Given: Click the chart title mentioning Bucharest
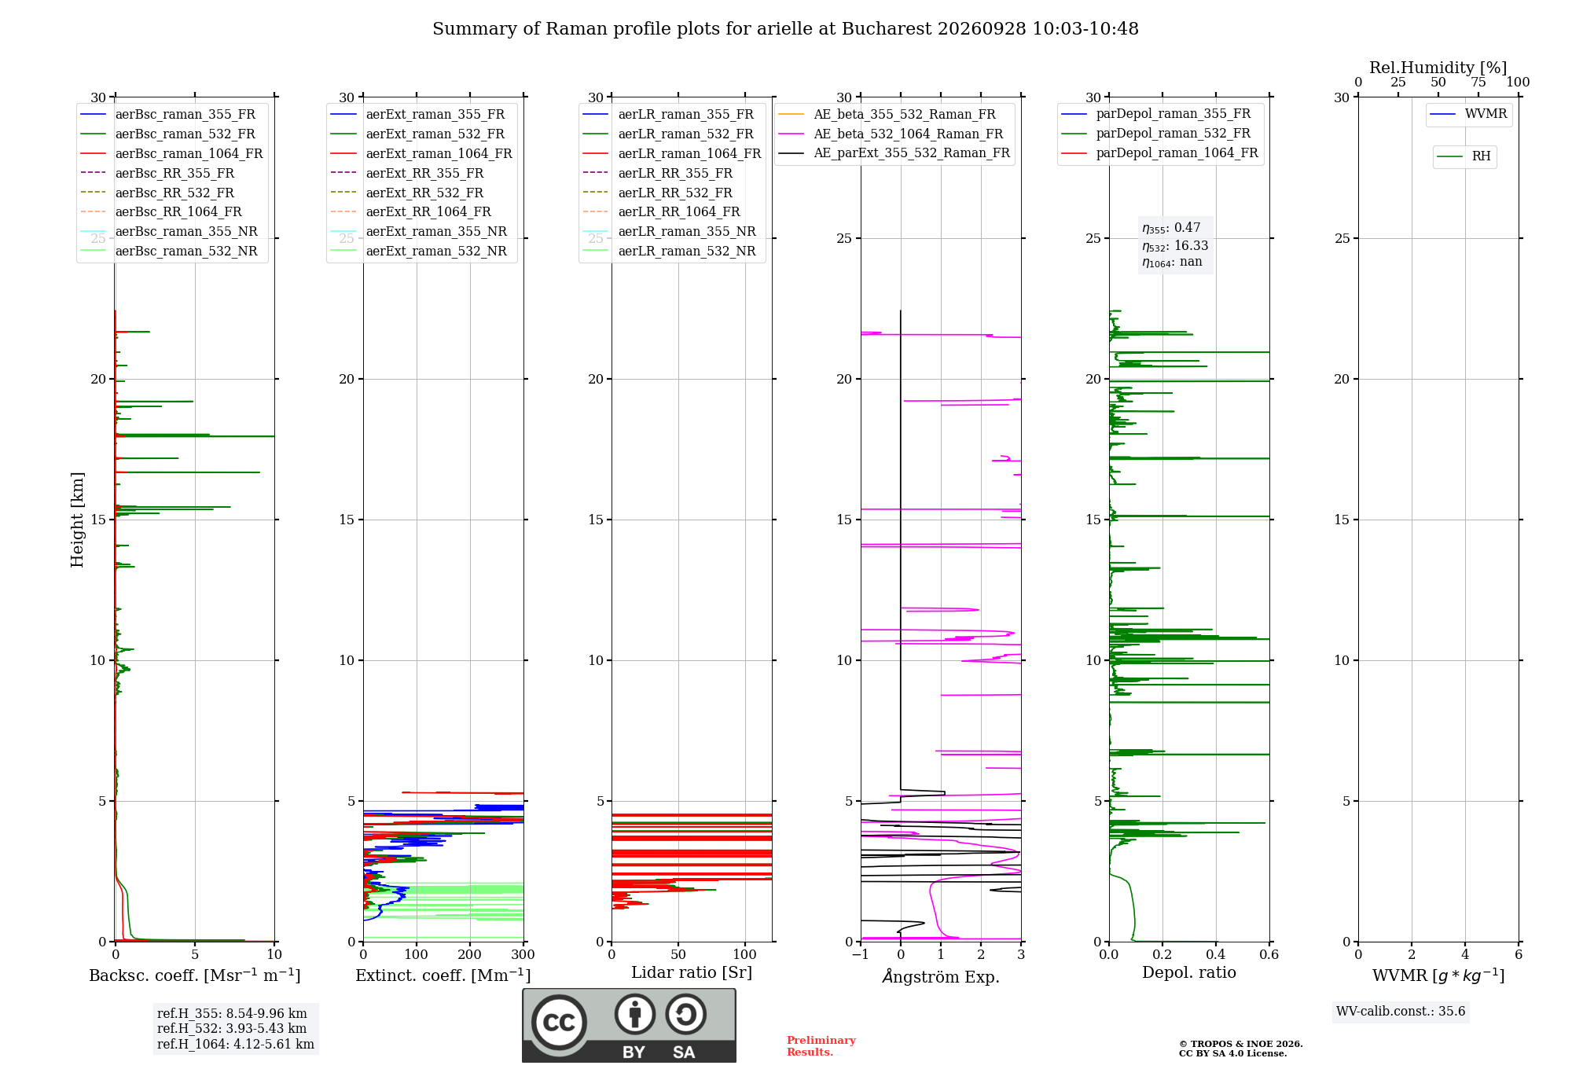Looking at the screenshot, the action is [785, 29].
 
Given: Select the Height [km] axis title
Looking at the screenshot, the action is [77, 520].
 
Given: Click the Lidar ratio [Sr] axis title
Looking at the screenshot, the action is [692, 972].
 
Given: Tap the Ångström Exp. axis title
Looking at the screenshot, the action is [941, 976].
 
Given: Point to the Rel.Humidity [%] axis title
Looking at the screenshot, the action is [1438, 68].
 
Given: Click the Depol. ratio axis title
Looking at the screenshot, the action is [1189, 972].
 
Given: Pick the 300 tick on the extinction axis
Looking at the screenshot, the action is [523, 955].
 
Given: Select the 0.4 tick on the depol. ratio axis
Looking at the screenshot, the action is [1216, 955].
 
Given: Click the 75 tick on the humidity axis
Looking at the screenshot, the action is [1478, 83].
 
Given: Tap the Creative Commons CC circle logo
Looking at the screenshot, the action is [559, 1023].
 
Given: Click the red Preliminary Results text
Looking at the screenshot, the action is [821, 1046].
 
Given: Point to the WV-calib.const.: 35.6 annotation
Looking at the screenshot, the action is [1401, 1012].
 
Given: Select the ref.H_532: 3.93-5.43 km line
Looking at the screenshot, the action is [232, 1029].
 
